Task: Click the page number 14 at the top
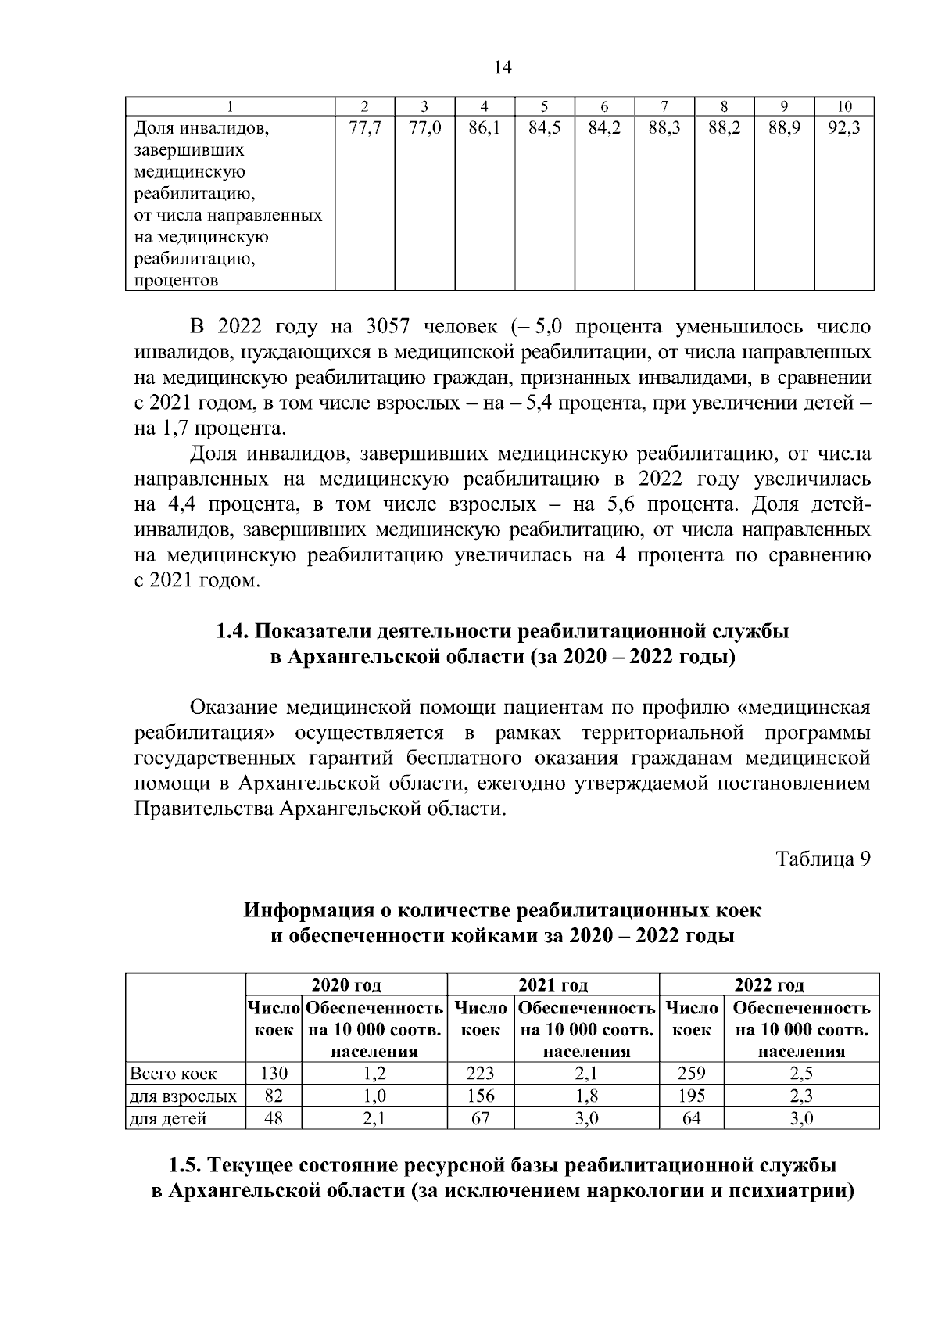(503, 68)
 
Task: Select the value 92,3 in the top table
(843, 128)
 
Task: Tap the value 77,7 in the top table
(364, 128)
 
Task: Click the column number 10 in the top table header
(843, 106)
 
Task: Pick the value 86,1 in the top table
(484, 128)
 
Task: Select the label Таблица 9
(822, 859)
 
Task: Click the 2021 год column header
(553, 985)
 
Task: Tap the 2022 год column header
(769, 985)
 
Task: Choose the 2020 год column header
(346, 985)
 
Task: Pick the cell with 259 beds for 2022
(691, 1074)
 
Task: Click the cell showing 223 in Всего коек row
(480, 1074)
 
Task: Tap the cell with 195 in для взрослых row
(691, 1096)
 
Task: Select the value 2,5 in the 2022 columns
(801, 1074)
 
